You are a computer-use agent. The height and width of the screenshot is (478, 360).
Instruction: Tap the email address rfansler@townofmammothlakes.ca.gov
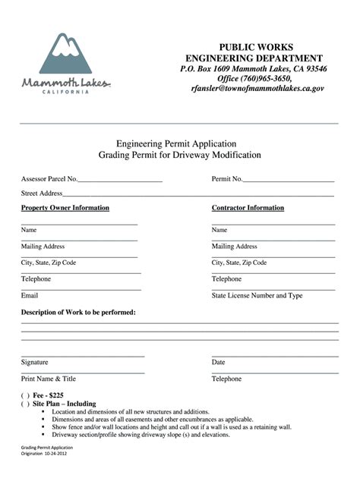[x=257, y=88]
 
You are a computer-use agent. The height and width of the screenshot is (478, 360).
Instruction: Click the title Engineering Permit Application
[x=176, y=143]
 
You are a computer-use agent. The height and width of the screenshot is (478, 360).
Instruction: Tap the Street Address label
[x=42, y=193]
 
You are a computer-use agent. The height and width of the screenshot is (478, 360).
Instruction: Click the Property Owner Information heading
[x=65, y=208]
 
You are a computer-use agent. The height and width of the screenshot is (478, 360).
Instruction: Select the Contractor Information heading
[x=248, y=208]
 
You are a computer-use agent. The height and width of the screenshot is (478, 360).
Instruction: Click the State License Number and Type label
[x=257, y=295]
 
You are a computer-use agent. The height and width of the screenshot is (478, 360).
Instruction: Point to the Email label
[x=30, y=295]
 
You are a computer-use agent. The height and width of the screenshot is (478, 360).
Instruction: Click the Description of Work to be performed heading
[x=78, y=313]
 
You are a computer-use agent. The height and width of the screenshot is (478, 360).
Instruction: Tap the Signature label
[x=35, y=362]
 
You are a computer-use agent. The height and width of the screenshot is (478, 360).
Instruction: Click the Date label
[x=218, y=362]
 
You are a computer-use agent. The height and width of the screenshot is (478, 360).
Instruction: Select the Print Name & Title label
[x=49, y=378]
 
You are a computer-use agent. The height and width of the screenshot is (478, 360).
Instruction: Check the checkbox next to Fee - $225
[x=25, y=396]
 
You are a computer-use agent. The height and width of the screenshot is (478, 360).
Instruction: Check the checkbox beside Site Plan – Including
[x=25, y=404]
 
